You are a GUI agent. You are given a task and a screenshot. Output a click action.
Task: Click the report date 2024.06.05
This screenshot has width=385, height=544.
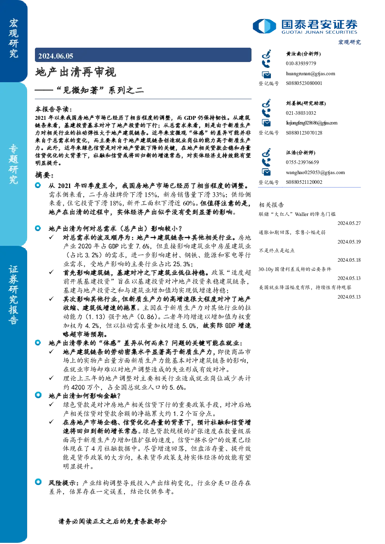click(x=55, y=56)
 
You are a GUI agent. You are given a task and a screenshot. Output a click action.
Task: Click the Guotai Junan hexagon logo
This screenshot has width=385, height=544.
click(x=264, y=26)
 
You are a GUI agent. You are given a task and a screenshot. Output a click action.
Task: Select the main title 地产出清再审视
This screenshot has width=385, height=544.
click(x=76, y=72)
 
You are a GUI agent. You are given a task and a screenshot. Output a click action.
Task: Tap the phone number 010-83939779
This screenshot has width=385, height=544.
click(x=301, y=63)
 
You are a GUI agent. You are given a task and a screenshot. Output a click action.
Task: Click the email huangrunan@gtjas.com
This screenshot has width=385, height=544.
click(x=310, y=74)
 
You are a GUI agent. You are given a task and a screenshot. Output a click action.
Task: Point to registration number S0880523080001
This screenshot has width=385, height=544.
click(x=304, y=83)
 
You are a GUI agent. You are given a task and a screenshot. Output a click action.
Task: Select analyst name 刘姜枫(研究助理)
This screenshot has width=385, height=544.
click(x=306, y=103)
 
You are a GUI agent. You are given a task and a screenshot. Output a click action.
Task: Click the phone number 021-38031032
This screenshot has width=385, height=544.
click(x=301, y=113)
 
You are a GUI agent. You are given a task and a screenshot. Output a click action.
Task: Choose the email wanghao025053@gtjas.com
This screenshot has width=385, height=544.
click(x=315, y=173)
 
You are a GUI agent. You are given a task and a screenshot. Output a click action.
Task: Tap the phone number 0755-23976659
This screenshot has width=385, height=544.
click(x=302, y=162)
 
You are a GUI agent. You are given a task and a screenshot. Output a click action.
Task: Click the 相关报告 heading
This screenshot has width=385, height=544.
click(x=271, y=205)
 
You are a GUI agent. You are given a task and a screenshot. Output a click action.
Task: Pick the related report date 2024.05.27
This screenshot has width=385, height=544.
click(x=349, y=223)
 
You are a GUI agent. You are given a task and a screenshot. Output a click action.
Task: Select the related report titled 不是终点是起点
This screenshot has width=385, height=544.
click(x=277, y=250)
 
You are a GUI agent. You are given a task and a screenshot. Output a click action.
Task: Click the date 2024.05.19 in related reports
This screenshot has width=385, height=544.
click(x=349, y=242)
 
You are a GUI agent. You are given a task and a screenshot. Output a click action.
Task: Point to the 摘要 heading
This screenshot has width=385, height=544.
click(x=45, y=175)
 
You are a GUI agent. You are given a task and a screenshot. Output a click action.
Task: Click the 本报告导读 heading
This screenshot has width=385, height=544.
click(x=54, y=109)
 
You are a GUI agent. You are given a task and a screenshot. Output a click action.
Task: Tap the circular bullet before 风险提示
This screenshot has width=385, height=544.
click(x=38, y=482)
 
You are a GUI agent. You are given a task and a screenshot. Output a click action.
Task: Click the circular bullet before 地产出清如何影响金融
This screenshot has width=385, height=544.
click(x=38, y=395)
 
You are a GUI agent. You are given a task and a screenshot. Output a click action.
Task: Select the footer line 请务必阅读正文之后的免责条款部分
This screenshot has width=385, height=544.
click(x=113, y=521)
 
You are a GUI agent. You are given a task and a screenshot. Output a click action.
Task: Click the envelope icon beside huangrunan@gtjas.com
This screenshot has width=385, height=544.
click(x=266, y=74)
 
